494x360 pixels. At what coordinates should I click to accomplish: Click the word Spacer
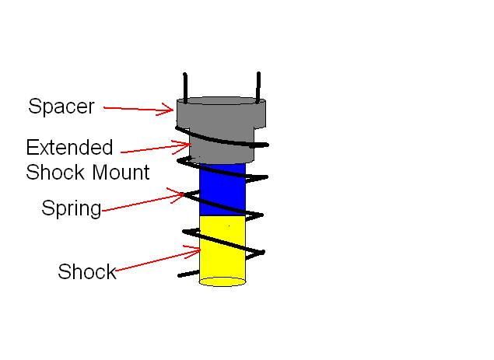61,106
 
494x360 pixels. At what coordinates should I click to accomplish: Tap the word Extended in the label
69,147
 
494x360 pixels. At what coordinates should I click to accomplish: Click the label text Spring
72,208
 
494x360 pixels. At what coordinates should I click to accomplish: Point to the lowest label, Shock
86,271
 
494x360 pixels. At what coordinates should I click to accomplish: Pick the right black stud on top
258,86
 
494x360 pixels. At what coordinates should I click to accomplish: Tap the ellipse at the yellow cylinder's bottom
222,281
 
